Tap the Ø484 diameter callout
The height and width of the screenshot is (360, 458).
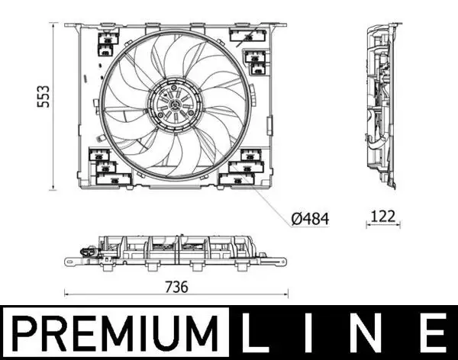(x=310, y=218)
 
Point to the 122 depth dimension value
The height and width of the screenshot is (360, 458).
(x=382, y=216)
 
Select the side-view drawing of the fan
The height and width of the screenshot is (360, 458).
(x=382, y=107)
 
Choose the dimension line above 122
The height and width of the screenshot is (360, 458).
(x=382, y=224)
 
